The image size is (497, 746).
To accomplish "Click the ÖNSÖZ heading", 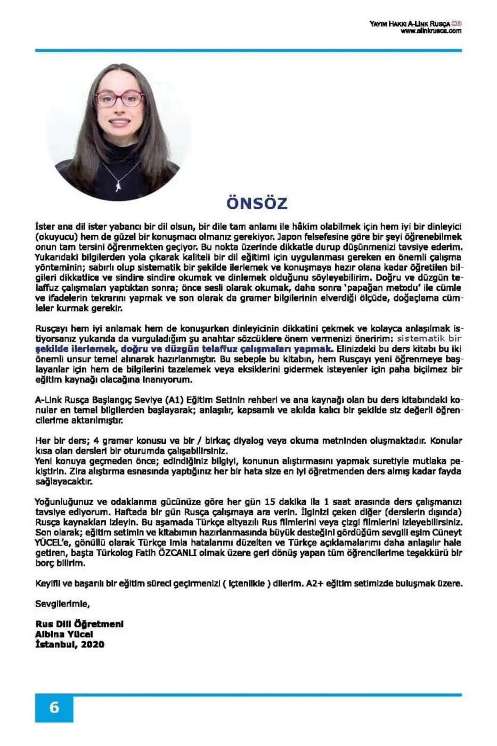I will pyautogui.click(x=257, y=203).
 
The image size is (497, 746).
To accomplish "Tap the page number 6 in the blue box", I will pyautogui.click(x=54, y=708).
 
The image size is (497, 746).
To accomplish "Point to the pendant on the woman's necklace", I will pyautogui.click(x=118, y=185).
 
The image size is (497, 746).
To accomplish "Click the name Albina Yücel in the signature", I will pyautogui.click(x=64, y=634).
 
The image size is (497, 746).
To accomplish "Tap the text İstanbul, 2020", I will pyautogui.click(x=70, y=644).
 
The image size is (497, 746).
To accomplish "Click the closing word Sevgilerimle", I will pyautogui.click(x=62, y=604).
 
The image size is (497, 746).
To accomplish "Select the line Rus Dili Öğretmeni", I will pyautogui.click(x=79, y=624).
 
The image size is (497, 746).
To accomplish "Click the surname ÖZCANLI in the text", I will pyautogui.click(x=177, y=553).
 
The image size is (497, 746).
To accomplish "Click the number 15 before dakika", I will pyautogui.click(x=270, y=501).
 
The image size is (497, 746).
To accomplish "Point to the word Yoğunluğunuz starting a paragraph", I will pyautogui.click(x=64, y=501).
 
